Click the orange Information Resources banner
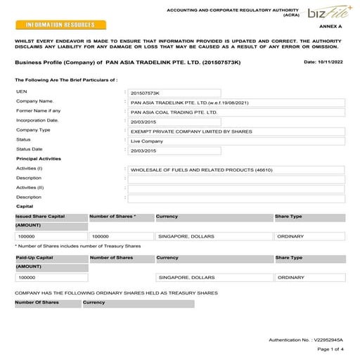point(60,25)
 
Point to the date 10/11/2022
point(324,63)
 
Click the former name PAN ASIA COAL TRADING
point(174,111)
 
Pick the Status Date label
point(30,149)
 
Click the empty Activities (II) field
point(236,188)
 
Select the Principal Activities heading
point(39,159)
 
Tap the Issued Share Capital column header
point(42,217)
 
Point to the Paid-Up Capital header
point(34,258)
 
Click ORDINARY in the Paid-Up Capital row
point(291,278)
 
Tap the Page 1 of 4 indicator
point(330,349)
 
